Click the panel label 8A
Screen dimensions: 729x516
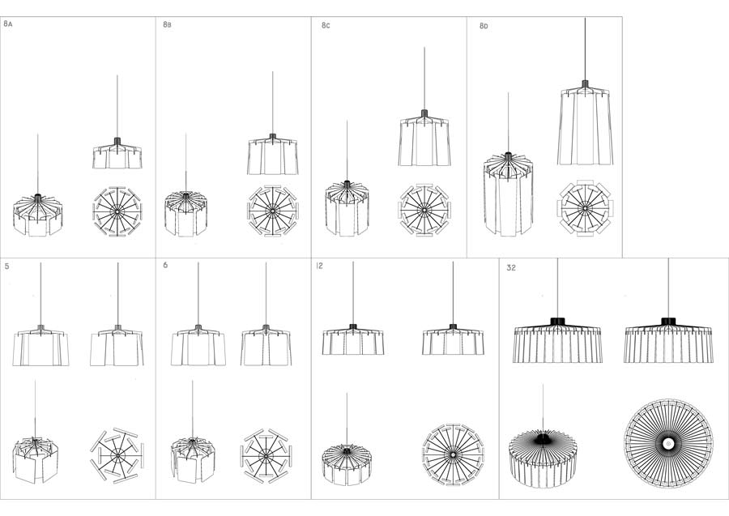[8, 23]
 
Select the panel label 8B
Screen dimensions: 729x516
[168, 24]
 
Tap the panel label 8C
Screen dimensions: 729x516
[326, 25]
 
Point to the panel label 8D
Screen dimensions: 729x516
[484, 26]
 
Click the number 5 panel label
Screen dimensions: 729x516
[7, 267]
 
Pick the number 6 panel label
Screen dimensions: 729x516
[165, 265]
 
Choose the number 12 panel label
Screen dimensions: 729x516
[319, 266]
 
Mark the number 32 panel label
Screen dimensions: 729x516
[511, 268]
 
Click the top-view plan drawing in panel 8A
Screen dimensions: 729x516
[117, 211]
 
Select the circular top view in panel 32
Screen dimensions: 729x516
[668, 443]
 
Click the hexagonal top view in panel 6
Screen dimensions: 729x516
[266, 456]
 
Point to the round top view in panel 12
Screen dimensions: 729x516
[453, 454]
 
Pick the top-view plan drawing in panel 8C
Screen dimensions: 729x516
[424, 210]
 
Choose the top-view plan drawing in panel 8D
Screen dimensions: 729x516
[585, 208]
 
